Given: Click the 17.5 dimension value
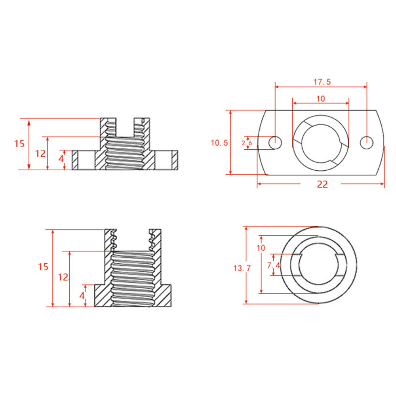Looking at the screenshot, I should tap(322, 82).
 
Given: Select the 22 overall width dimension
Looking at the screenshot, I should tap(322, 184).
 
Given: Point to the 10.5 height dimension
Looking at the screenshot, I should tap(219, 143).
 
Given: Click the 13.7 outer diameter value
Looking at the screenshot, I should tap(242, 268).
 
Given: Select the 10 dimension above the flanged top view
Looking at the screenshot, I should tap(321, 99).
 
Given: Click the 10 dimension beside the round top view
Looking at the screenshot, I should tap(261, 248).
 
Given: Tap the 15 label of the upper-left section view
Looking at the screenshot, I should tap(19, 143).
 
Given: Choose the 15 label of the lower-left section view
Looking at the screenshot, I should tap(43, 267).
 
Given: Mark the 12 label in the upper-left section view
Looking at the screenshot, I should tap(40, 154).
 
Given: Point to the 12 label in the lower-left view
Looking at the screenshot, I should tap(63, 277).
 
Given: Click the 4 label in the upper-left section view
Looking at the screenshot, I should tap(61, 158).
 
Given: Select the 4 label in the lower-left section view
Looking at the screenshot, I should tap(82, 295).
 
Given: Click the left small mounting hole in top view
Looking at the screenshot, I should tap(275, 142).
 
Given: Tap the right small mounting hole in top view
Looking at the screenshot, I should tap(366, 142).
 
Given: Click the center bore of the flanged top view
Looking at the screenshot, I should tap(321, 143).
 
